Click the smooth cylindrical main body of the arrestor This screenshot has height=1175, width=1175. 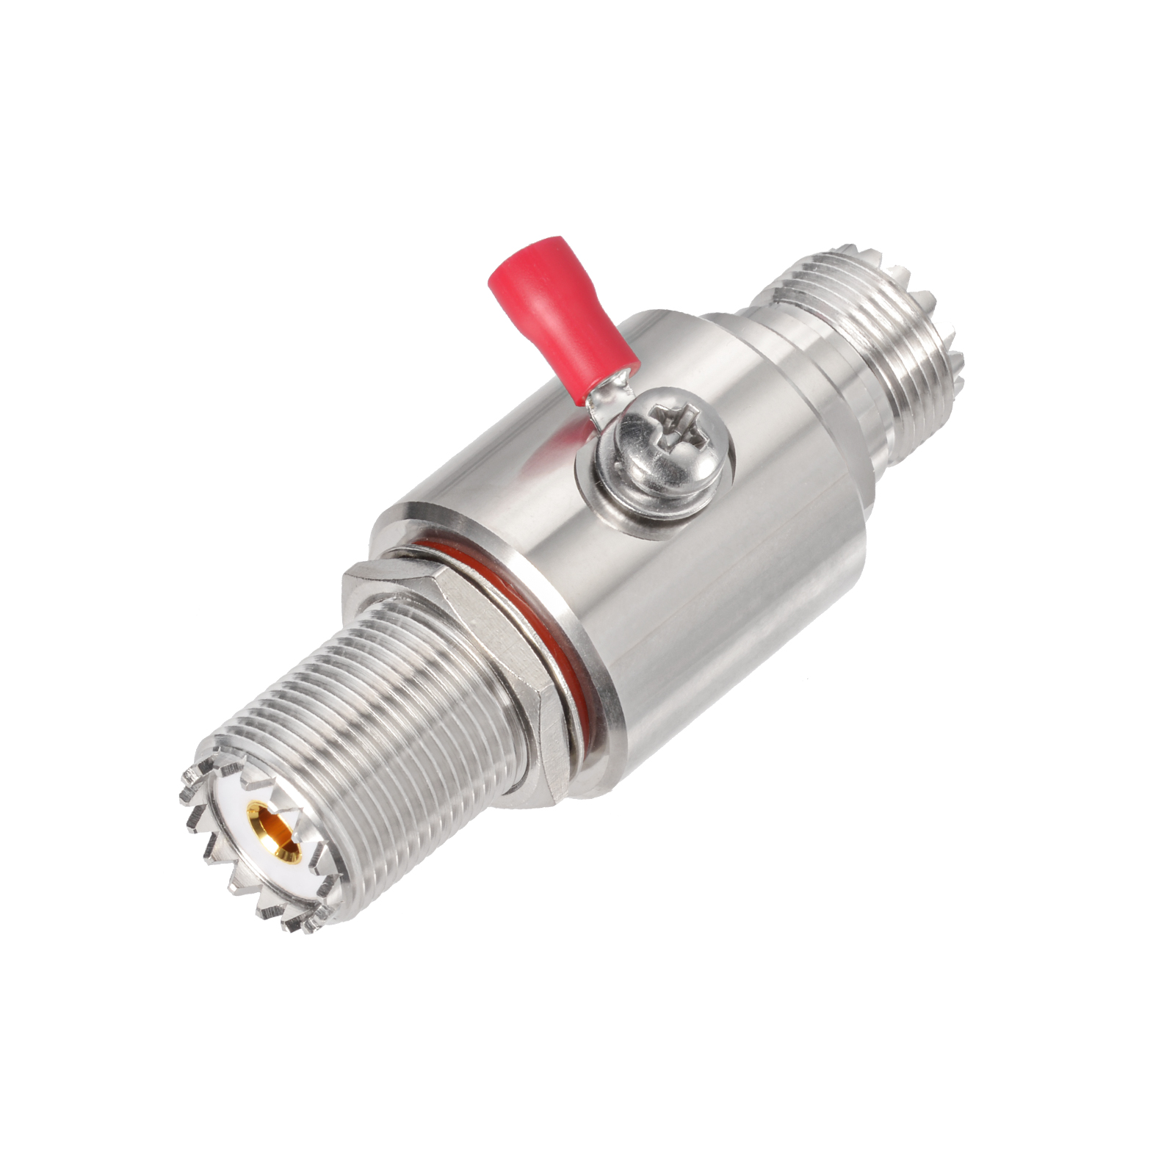[x=698, y=587]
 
